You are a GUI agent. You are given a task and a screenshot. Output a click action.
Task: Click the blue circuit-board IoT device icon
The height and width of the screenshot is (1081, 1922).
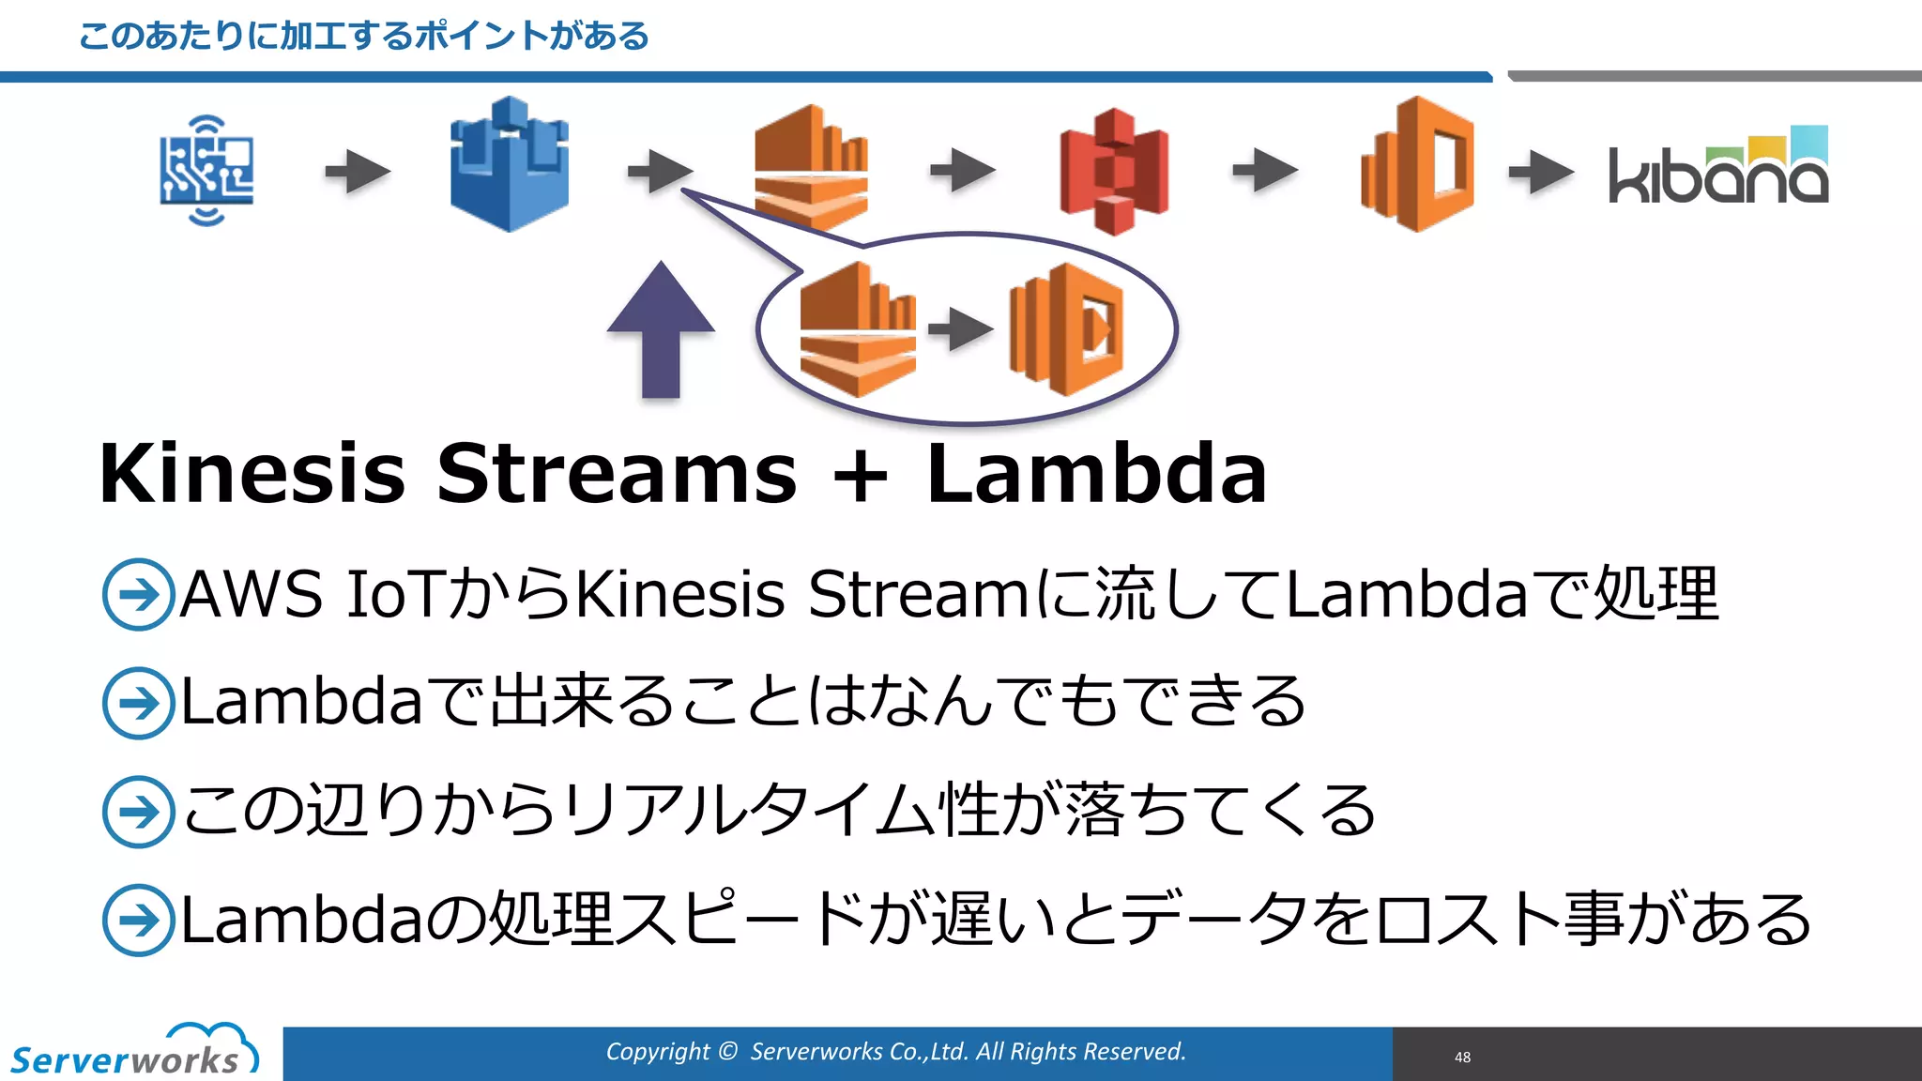click(x=206, y=171)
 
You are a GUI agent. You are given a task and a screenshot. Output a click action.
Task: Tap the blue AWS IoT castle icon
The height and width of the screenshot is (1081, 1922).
click(x=509, y=165)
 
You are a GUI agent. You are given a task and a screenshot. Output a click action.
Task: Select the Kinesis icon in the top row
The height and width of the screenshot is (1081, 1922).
click(x=811, y=167)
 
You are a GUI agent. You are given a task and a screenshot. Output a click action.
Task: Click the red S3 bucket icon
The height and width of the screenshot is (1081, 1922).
click(x=1113, y=171)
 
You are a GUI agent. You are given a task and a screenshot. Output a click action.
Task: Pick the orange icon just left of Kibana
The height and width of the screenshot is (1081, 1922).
click(x=1417, y=165)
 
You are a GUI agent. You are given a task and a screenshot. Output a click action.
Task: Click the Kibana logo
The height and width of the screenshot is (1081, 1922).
click(x=1718, y=169)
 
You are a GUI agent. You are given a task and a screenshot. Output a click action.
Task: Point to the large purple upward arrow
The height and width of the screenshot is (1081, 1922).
click(x=661, y=330)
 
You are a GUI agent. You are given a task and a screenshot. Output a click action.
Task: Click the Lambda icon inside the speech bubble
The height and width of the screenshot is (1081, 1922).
click(x=1067, y=329)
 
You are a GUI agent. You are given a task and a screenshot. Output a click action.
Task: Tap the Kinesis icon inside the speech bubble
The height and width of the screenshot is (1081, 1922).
click(x=857, y=329)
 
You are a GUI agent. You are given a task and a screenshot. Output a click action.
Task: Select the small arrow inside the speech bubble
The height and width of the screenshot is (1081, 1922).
click(x=960, y=329)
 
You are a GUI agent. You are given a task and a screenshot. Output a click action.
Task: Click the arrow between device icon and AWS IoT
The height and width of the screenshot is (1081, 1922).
click(x=358, y=172)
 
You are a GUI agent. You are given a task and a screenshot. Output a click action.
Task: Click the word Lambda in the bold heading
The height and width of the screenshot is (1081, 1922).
click(x=1096, y=474)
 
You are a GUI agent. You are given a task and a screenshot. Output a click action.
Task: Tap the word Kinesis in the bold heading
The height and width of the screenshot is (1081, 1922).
click(x=252, y=474)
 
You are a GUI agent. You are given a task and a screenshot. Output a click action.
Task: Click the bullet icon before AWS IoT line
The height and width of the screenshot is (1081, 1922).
click(x=138, y=595)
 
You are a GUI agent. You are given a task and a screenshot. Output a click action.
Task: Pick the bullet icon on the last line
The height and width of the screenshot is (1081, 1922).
click(x=138, y=920)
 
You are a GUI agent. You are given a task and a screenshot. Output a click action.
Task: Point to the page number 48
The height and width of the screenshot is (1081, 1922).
click(x=1462, y=1058)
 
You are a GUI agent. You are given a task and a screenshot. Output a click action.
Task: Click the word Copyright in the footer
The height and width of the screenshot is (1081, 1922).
click(x=658, y=1052)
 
